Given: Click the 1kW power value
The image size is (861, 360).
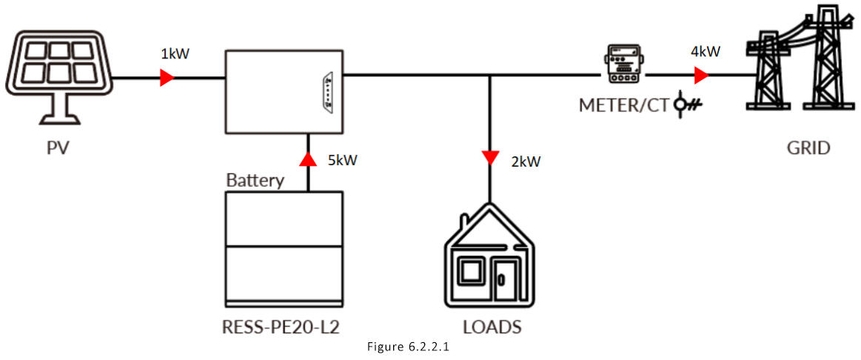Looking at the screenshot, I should click(x=175, y=54).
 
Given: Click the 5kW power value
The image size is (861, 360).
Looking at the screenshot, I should click(x=341, y=160).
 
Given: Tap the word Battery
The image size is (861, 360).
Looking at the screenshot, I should click(x=255, y=180).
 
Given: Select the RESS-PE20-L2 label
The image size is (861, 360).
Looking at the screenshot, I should click(x=286, y=326).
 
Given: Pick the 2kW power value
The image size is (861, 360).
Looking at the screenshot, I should click(x=526, y=161).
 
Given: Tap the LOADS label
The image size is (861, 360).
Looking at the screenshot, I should click(x=492, y=327).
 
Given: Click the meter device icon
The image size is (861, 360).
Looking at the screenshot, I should click(x=620, y=67).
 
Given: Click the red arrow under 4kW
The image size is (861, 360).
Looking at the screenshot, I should click(x=700, y=76).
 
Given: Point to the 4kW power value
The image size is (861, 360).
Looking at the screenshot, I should click(x=706, y=52).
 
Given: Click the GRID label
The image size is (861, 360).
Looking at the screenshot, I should click(x=808, y=148).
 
